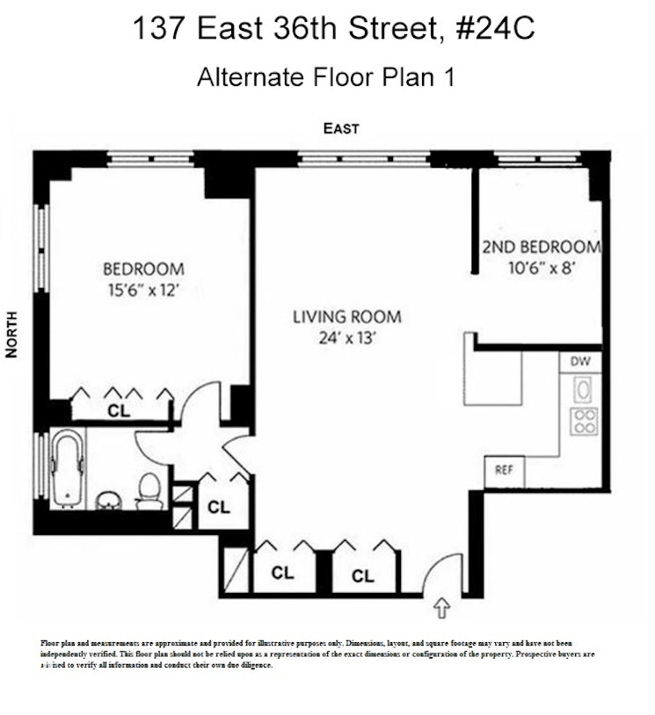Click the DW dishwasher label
pos(580,361)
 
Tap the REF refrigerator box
pos(504,471)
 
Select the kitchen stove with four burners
pos(583,422)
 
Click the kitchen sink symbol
pos(582,388)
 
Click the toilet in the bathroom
pos(150,490)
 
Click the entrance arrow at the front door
pos(442,606)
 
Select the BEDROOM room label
pos(143,269)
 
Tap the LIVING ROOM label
pos(346,317)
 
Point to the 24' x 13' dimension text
pos(346,338)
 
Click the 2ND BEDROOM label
pos(541,247)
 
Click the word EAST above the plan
pos(340,129)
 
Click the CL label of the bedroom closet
pos(117,409)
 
